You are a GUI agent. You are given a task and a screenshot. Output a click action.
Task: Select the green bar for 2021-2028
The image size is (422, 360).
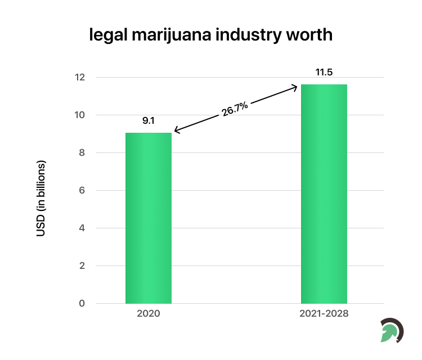(324, 194)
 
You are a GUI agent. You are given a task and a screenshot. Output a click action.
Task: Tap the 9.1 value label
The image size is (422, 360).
(149, 120)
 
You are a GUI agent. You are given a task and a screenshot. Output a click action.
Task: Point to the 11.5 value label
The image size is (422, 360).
(324, 72)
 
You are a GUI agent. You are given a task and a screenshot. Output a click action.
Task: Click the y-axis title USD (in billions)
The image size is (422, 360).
(41, 197)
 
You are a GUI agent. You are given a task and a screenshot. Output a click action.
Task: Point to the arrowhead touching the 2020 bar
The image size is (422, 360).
(176, 132)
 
